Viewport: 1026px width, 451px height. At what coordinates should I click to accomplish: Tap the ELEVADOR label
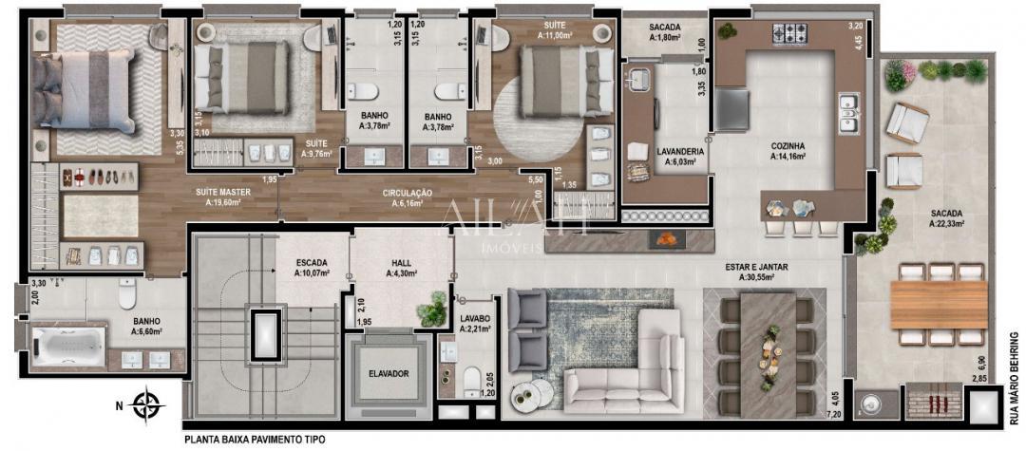(x=389, y=374)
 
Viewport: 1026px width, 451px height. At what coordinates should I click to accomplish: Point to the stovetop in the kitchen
(x=789, y=35)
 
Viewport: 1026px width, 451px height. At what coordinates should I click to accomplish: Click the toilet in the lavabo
(x=470, y=381)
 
